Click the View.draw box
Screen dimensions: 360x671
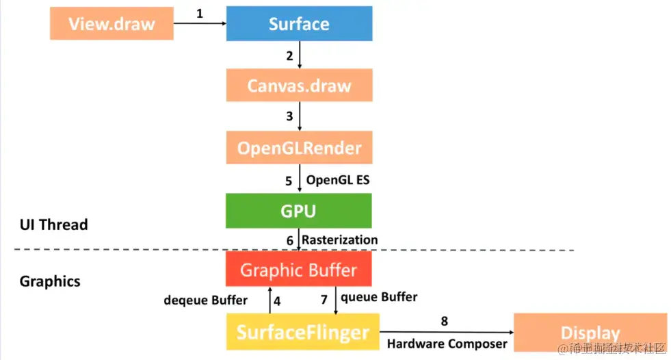point(111,24)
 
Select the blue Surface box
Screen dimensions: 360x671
point(299,24)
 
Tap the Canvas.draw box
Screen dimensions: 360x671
point(299,86)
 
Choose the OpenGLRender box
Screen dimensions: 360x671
point(299,147)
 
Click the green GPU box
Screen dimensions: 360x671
point(299,211)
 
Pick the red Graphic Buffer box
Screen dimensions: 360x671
point(299,269)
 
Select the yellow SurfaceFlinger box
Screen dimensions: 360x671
point(302,333)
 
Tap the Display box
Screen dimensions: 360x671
point(590,333)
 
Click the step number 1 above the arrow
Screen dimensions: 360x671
point(200,13)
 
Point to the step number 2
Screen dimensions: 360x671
point(289,55)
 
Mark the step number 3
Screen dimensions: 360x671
point(289,116)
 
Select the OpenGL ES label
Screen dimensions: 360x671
point(333,181)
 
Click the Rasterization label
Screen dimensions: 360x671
point(339,240)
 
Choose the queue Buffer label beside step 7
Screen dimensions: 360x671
point(379,297)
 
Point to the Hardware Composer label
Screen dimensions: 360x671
point(447,344)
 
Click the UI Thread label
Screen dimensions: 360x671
point(54,224)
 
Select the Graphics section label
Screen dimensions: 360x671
point(50,281)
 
